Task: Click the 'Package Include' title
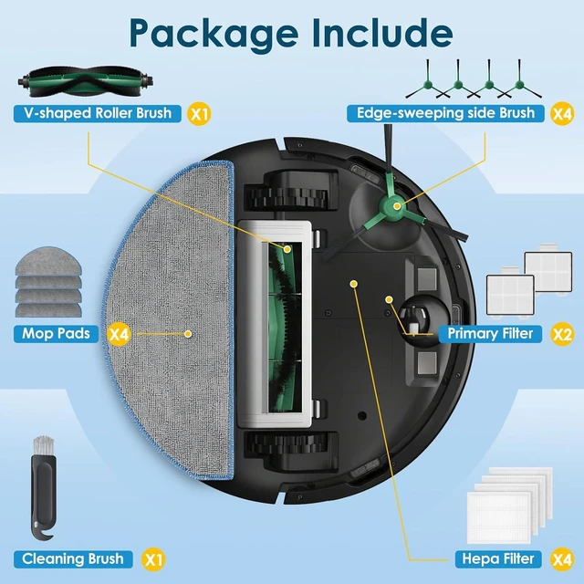click(291, 33)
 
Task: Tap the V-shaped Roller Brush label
click(98, 113)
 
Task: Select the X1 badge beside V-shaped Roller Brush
click(199, 113)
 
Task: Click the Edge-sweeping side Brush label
click(445, 113)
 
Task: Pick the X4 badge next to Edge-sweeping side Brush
click(562, 113)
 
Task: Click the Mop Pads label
click(56, 334)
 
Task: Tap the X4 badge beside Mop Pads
click(119, 334)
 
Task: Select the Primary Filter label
click(490, 334)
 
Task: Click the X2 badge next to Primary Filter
click(562, 334)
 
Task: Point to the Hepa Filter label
click(498, 559)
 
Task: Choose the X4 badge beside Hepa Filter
click(562, 559)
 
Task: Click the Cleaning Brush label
click(73, 559)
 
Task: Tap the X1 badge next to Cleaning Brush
click(153, 559)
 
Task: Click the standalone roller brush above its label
click(85, 82)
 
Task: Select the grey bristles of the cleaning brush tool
click(43, 444)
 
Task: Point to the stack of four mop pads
click(48, 282)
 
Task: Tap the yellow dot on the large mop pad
click(188, 334)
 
